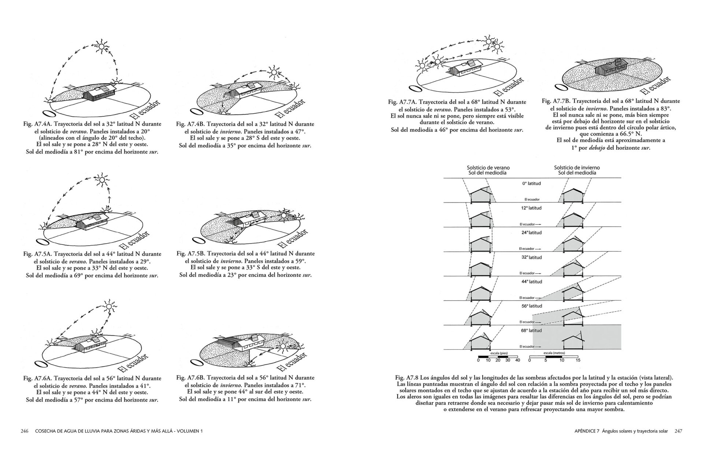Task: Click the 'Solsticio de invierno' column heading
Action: coord(577,168)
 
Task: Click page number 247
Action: coord(678,442)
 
